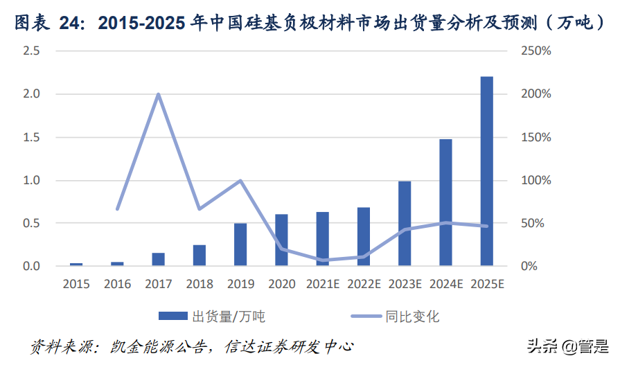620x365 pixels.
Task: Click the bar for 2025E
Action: pos(486,171)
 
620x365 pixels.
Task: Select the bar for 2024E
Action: pos(445,202)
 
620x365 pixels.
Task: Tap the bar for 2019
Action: pos(240,244)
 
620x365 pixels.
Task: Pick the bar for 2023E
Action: pos(405,223)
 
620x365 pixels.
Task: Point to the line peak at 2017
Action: pos(159,94)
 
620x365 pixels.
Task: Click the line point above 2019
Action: pos(240,181)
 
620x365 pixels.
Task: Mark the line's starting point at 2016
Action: pos(117,208)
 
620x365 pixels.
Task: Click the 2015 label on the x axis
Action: pos(76,284)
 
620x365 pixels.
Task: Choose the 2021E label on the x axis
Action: pos(322,284)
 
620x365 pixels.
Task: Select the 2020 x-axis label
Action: pos(281,284)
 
